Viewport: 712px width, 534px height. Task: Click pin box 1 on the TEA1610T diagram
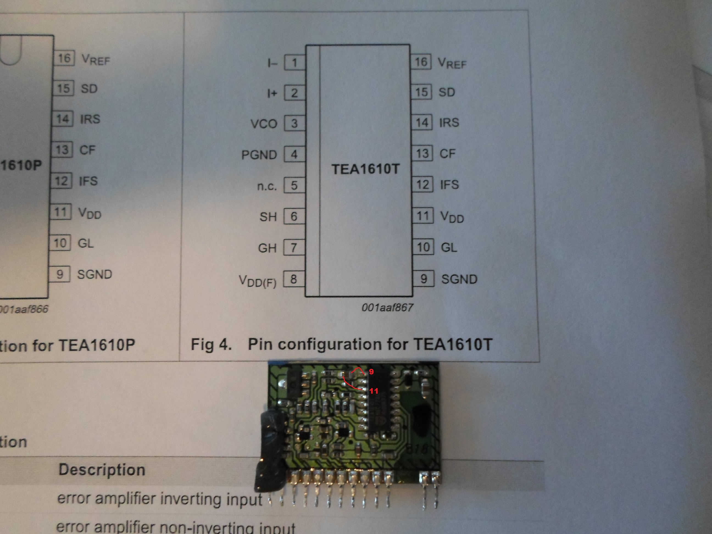point(294,62)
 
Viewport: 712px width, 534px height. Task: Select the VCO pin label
point(264,124)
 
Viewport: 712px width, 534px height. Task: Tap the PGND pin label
point(259,155)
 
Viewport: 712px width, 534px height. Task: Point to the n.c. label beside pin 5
point(267,186)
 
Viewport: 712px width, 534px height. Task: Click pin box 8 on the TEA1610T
point(293,279)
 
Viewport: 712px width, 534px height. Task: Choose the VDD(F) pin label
point(257,281)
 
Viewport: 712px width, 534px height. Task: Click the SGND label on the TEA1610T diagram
point(459,279)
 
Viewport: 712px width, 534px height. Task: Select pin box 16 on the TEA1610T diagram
point(421,62)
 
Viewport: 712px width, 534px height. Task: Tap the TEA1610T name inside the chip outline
point(365,169)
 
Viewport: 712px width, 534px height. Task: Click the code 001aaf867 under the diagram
point(387,308)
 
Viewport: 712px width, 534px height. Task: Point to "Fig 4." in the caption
point(211,344)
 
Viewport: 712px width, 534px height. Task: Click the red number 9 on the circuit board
point(371,372)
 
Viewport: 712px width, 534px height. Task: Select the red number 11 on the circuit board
point(373,391)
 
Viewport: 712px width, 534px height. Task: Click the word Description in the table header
point(102,470)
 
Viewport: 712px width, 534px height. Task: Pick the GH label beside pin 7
point(267,248)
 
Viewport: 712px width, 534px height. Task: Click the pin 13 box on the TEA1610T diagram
point(422,153)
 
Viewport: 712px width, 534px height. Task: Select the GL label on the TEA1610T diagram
point(449,247)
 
